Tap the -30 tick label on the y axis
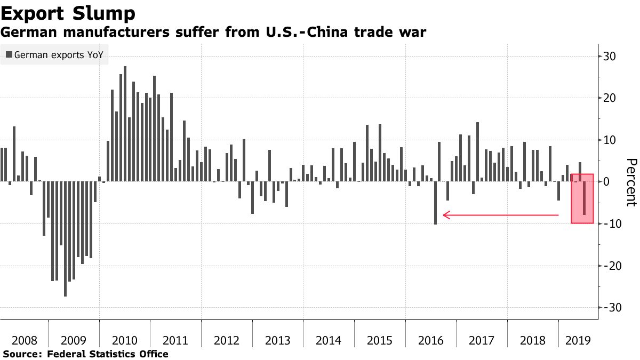pos(610,308)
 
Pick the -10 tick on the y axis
pos(610,224)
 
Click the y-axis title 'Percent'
pos(631,182)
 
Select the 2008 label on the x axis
pos(24,340)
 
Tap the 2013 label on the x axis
pos(277,340)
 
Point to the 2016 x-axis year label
pos(430,340)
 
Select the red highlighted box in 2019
pos(582,198)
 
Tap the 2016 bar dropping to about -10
pos(435,203)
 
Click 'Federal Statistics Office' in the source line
pos(108,354)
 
